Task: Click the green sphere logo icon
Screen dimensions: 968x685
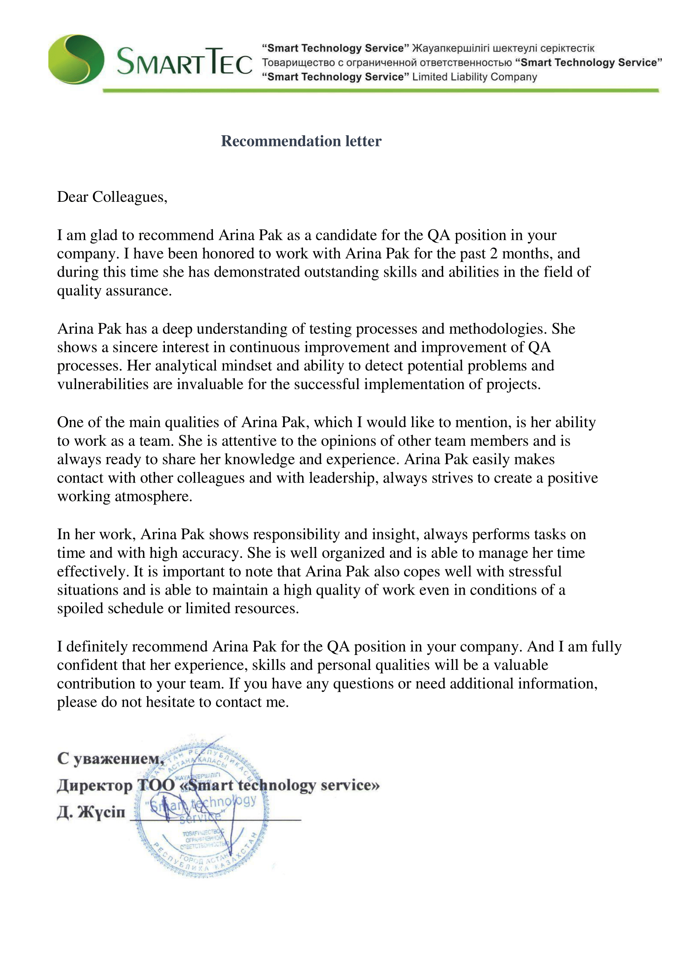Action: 76,60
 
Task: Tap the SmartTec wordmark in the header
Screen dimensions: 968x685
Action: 184,62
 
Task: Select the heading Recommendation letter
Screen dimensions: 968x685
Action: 301,141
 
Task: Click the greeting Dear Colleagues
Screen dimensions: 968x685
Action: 112,197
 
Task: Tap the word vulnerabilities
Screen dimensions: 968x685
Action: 103,384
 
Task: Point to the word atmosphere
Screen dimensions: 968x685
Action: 151,497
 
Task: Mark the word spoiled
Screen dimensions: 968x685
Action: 80,609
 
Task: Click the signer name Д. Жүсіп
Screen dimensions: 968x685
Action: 91,812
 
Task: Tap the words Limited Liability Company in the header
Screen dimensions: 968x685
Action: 475,77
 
